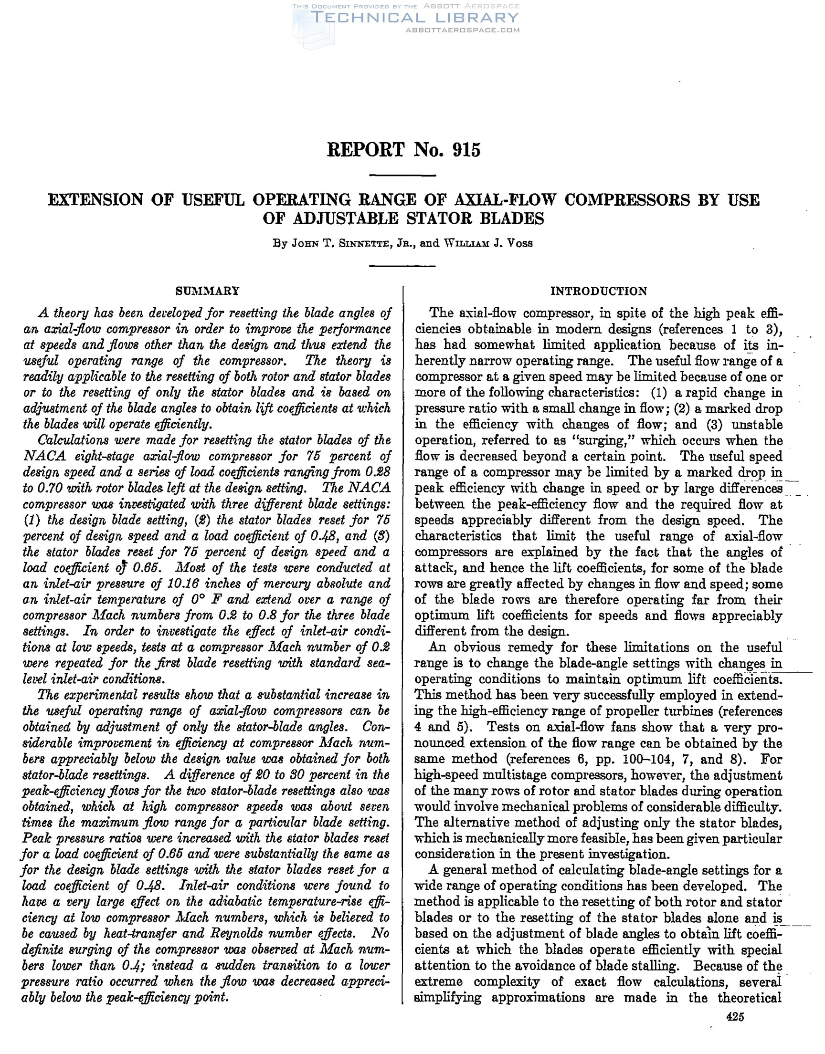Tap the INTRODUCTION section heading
tap(599, 291)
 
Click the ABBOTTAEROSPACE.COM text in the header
tap(463, 30)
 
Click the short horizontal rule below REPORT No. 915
tap(402, 176)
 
